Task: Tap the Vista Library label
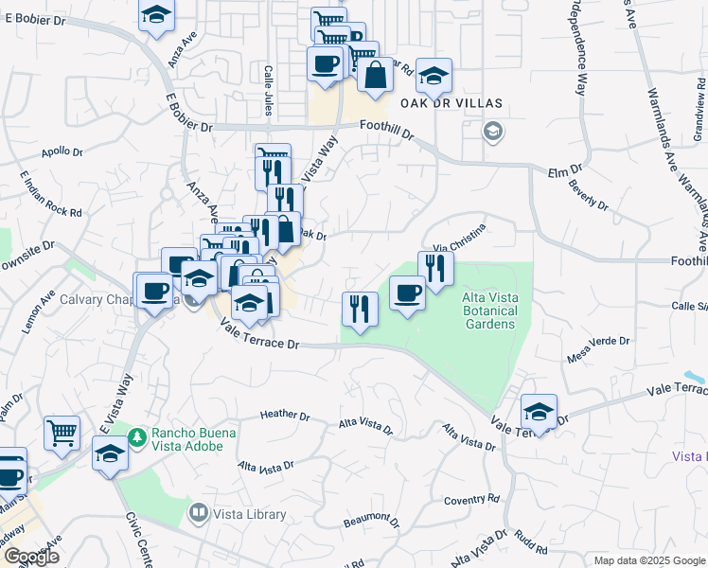[x=250, y=515]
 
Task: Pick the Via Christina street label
[x=460, y=237]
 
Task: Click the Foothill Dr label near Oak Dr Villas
[x=388, y=129]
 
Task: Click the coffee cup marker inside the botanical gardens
[x=407, y=293]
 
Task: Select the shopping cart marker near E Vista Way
[x=62, y=433]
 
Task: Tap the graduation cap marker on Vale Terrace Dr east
[x=539, y=411]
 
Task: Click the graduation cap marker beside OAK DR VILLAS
[x=434, y=76]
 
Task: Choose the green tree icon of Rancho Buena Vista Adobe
[x=137, y=436]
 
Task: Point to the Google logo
[x=30, y=557]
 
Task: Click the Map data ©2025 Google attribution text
[x=648, y=560]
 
